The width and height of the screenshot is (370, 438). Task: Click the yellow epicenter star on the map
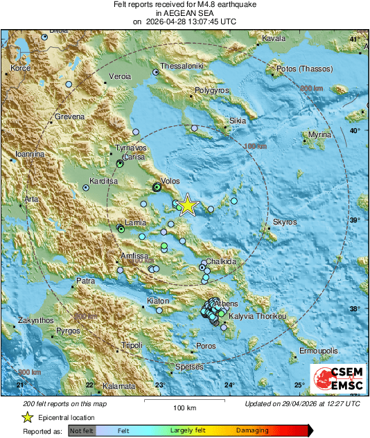point(187,206)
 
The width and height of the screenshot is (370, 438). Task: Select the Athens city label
point(226,304)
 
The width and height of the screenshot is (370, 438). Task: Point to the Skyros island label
point(285,222)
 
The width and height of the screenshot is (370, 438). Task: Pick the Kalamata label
point(118,386)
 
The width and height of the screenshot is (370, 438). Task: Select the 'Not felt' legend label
point(81,430)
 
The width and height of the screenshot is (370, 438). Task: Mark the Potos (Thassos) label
point(305,69)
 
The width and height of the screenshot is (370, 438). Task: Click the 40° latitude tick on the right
point(355,130)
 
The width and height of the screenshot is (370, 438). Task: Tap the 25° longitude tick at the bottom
point(299,385)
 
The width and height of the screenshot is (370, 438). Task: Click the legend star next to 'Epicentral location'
point(27,417)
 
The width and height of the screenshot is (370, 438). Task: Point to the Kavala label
point(274,39)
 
